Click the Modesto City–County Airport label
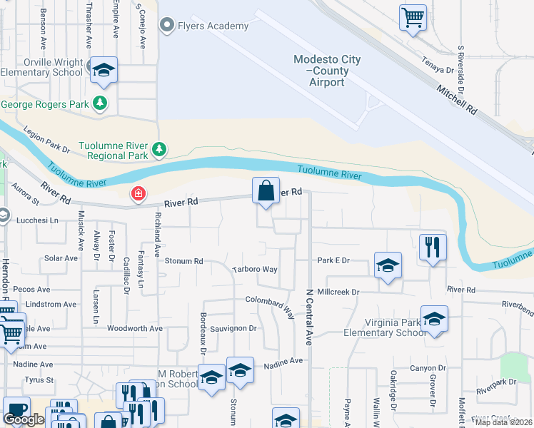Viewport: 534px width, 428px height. pyautogui.click(x=328, y=71)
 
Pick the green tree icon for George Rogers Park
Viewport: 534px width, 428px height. pyautogui.click(x=100, y=104)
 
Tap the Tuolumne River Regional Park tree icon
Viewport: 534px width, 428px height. pyautogui.click(x=159, y=150)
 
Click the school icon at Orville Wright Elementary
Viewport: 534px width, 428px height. pyautogui.click(x=104, y=70)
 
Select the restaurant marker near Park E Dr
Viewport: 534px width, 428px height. pyautogui.click(x=433, y=248)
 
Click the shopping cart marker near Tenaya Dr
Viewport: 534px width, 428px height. pyautogui.click(x=413, y=16)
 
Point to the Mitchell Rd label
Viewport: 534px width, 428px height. pyautogui.click(x=456, y=98)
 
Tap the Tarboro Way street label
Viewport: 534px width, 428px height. pyautogui.click(x=255, y=270)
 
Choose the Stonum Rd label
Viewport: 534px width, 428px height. pyautogui.click(x=184, y=261)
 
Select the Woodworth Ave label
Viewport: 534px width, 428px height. pyautogui.click(x=134, y=329)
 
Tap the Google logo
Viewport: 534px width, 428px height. pyautogui.click(x=24, y=419)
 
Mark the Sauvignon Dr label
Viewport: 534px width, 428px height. pyautogui.click(x=233, y=328)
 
